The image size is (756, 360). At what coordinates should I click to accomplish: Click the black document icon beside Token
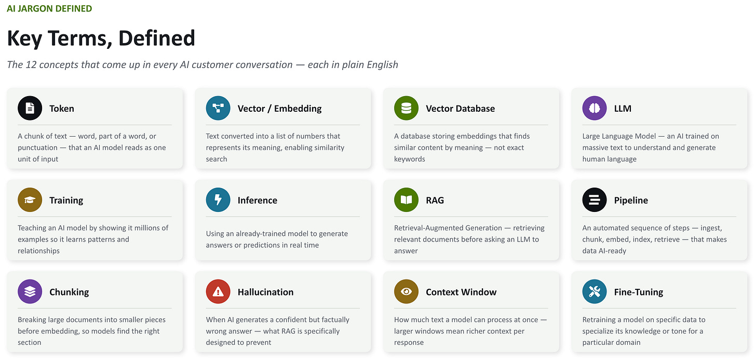[x=30, y=108]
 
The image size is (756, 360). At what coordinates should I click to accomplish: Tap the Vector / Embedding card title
[x=279, y=109]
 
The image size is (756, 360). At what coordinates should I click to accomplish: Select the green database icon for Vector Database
[x=406, y=108]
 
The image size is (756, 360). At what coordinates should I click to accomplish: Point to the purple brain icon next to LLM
[x=595, y=108]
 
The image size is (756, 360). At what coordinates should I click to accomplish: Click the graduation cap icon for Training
[x=30, y=200]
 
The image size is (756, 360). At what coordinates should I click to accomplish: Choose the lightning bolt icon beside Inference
[x=218, y=200]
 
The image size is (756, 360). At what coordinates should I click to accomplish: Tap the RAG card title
[x=435, y=201]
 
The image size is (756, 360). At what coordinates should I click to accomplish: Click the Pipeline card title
[x=631, y=201]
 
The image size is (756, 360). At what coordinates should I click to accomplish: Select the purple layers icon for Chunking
[x=30, y=291]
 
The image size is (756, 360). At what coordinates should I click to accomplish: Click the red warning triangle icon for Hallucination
[x=218, y=291]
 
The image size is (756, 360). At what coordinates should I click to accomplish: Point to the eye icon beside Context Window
[x=406, y=291]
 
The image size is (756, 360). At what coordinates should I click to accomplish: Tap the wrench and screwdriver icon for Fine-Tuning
[x=595, y=291]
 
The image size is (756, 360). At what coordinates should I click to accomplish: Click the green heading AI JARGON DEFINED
[x=49, y=8]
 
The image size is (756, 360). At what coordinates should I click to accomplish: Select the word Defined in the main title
[x=157, y=38]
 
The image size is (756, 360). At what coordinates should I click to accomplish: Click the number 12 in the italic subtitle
[x=31, y=64]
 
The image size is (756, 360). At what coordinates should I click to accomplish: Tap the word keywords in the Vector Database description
[x=409, y=159]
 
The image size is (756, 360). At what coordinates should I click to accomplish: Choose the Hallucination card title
[x=265, y=292]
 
